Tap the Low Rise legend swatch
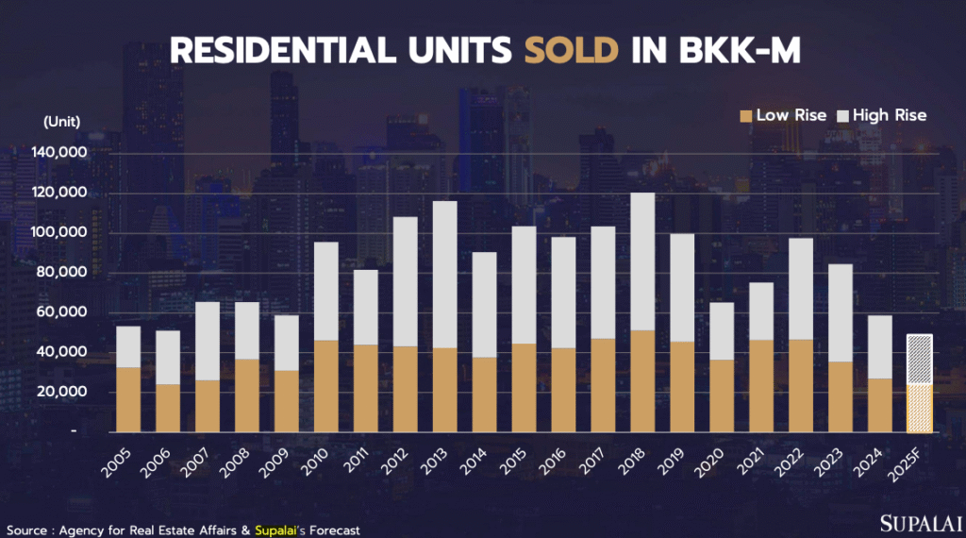[x=745, y=115]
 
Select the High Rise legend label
[x=890, y=115]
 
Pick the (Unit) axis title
[x=61, y=121]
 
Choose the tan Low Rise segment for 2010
[x=326, y=386]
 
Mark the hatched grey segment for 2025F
[x=919, y=360]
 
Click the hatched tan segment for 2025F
[x=919, y=408]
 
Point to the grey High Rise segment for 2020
[x=722, y=330]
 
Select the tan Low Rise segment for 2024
[x=880, y=405]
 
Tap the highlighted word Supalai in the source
[x=281, y=530]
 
